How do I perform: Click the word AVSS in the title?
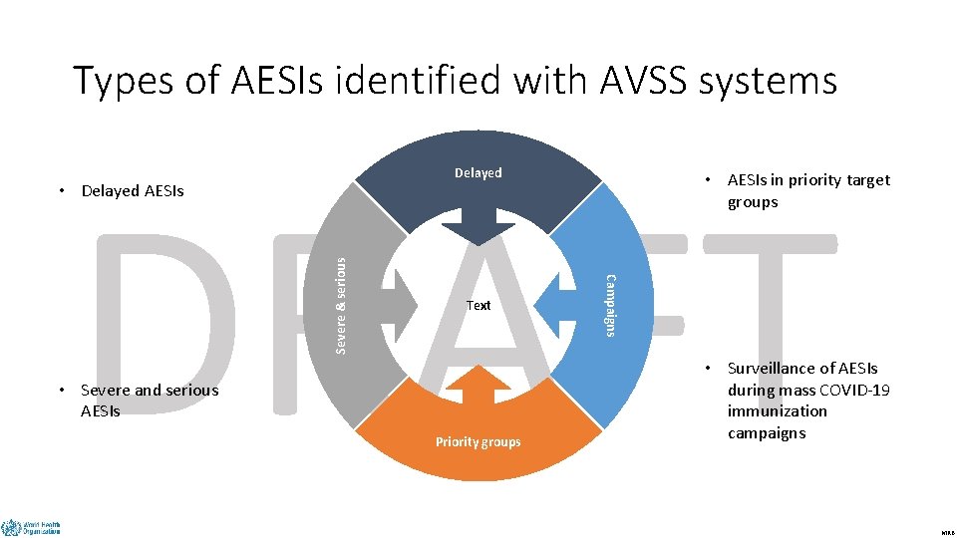point(644,81)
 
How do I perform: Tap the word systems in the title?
point(774,81)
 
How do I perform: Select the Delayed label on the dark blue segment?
point(478,173)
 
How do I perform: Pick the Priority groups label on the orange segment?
point(478,442)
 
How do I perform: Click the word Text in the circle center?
point(478,306)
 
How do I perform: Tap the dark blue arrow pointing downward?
point(478,224)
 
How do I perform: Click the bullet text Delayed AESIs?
point(133,191)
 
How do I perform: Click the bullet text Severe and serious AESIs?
point(149,401)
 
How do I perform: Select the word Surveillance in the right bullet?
point(773,369)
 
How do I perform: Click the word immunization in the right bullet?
point(778,411)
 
